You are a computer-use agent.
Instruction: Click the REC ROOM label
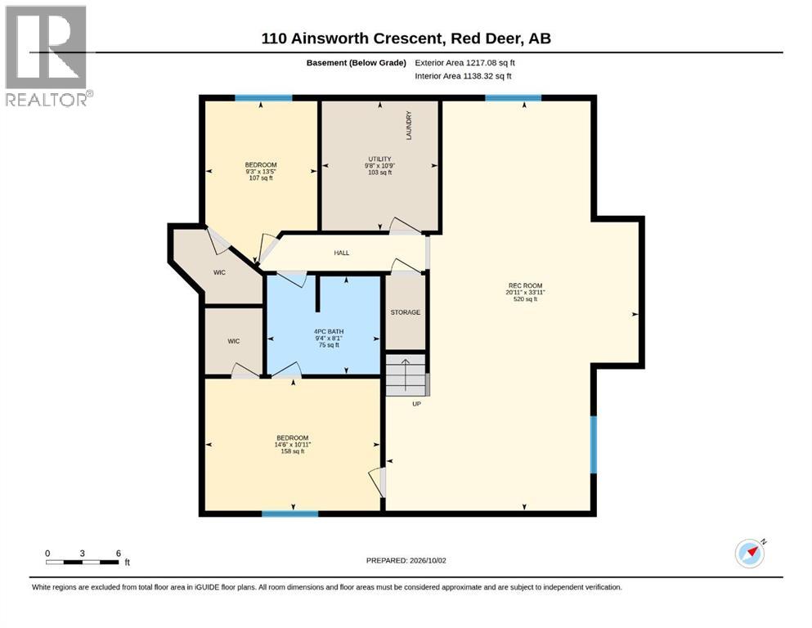525,285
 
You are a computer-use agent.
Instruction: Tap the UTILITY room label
379,159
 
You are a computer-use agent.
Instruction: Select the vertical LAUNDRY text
409,125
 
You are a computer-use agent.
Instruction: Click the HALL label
341,253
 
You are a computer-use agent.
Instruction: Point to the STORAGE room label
406,312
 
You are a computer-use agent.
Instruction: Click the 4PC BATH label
329,331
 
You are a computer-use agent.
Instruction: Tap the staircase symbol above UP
407,375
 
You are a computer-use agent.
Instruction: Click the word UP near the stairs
416,404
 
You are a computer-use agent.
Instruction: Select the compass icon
751,553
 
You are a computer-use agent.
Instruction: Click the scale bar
83,562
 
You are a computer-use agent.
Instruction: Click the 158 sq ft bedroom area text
293,451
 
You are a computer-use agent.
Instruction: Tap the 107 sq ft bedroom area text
261,178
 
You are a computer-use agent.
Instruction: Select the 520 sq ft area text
525,298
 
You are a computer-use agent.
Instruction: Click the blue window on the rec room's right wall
594,445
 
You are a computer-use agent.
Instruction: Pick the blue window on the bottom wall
290,514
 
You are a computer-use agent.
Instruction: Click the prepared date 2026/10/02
428,560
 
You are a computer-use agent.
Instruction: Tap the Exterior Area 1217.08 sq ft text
464,63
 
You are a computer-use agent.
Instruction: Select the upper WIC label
220,272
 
